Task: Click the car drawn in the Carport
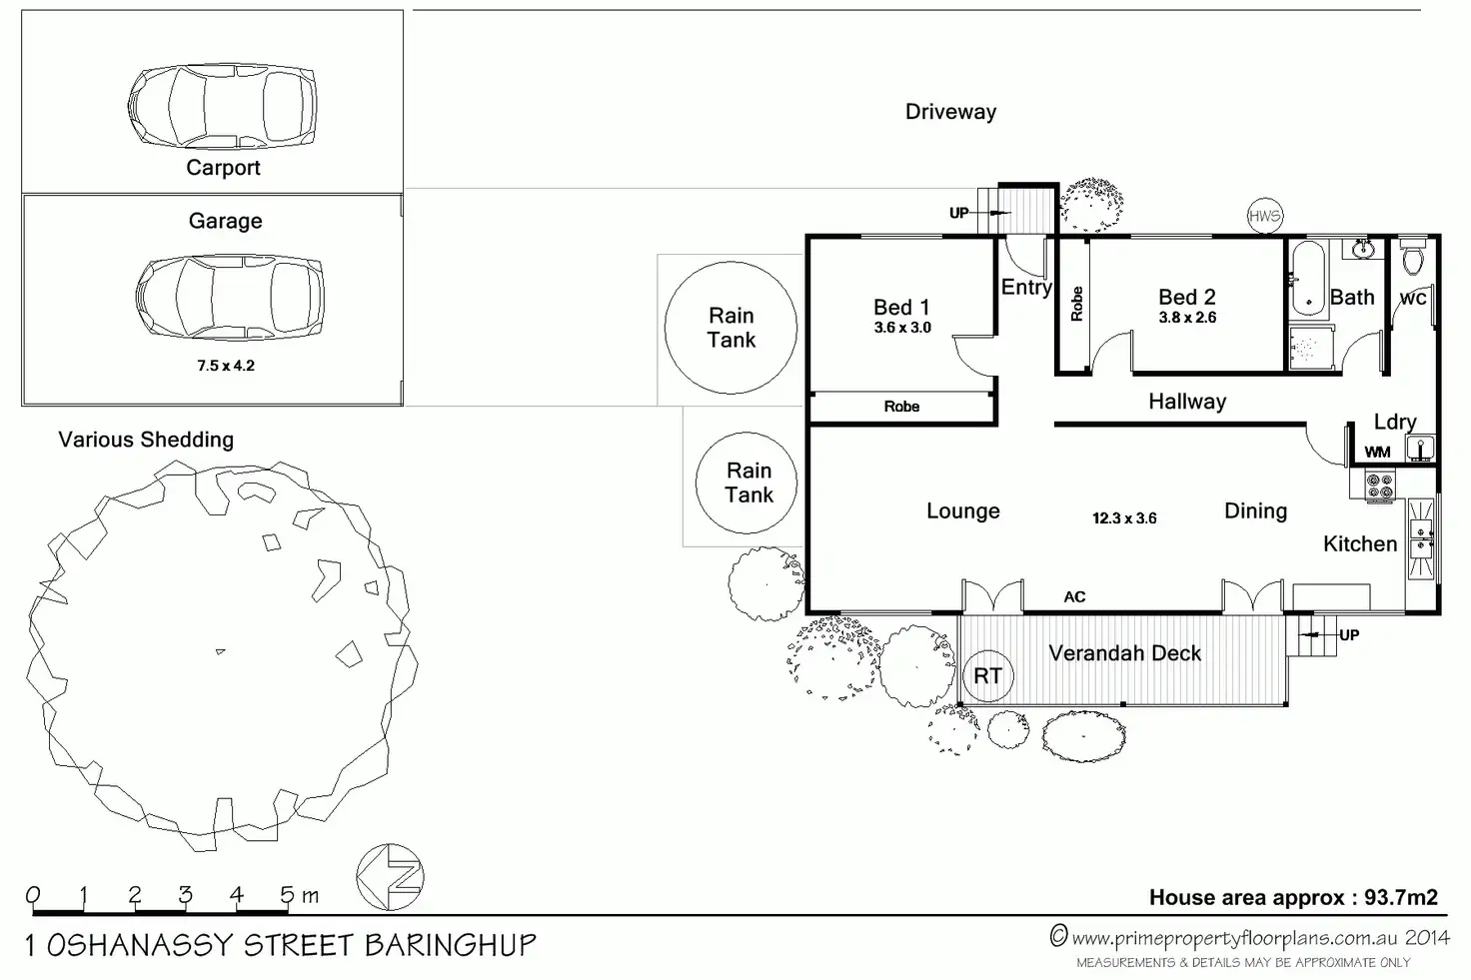coord(222,106)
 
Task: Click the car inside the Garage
coord(229,297)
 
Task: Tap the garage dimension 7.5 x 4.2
coord(226,366)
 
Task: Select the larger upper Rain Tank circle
coord(732,327)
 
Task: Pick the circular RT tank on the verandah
coord(987,676)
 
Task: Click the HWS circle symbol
coord(1264,216)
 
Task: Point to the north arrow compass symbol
coord(391,877)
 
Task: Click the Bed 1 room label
coord(901,307)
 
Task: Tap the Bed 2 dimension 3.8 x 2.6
coord(1187,318)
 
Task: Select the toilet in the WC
coord(1412,260)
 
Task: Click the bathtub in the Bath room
coord(1306,277)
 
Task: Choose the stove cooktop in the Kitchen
coord(1379,487)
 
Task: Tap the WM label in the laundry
coord(1378,453)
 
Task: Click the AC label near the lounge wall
coord(1074,596)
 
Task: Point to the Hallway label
coord(1187,402)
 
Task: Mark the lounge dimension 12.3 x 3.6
coord(1124,518)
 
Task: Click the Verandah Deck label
coord(1124,653)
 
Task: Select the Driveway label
coord(950,112)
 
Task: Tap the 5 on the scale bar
coord(287,895)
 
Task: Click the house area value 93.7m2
coord(1400,897)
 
